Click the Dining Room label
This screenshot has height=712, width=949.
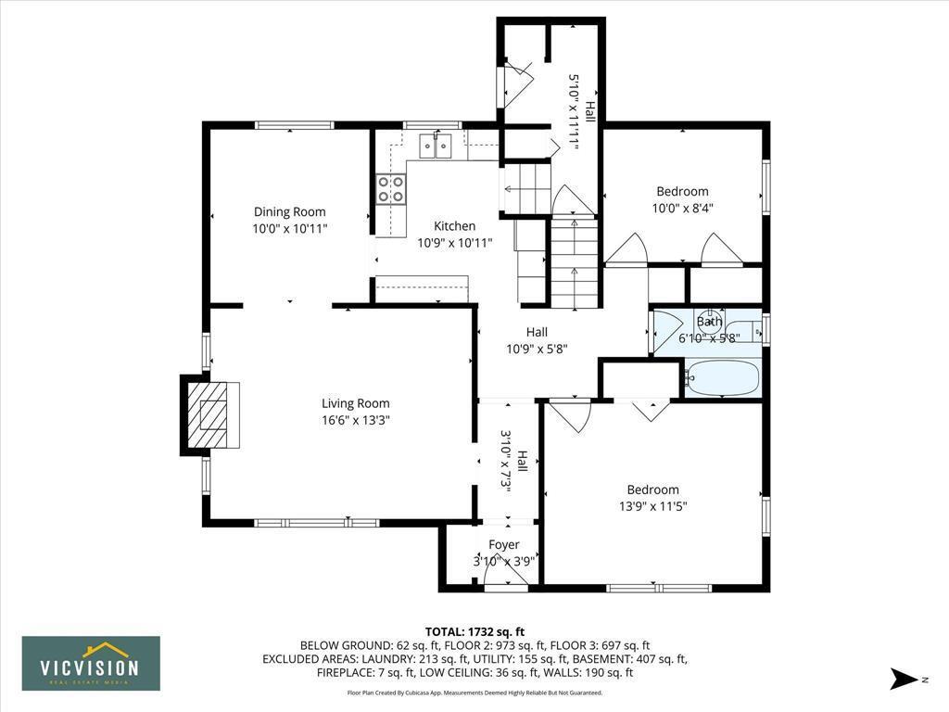pyautogui.click(x=290, y=211)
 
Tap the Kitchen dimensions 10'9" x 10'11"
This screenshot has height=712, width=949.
pyautogui.click(x=454, y=243)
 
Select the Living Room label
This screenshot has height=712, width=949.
pyautogui.click(x=355, y=403)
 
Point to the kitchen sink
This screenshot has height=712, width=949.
pyautogui.click(x=435, y=146)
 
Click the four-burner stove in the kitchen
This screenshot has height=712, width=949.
pyautogui.click(x=391, y=189)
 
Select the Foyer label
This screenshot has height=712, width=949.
pyautogui.click(x=504, y=544)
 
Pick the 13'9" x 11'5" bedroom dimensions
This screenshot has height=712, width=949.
pyautogui.click(x=652, y=506)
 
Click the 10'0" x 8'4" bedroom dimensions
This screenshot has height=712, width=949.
pyautogui.click(x=682, y=209)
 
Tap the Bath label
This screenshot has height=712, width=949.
pyautogui.click(x=709, y=322)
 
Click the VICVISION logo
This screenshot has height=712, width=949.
pyautogui.click(x=91, y=663)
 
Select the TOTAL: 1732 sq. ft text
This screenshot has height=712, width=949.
pyautogui.click(x=474, y=630)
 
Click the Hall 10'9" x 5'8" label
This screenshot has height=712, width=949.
pyautogui.click(x=537, y=332)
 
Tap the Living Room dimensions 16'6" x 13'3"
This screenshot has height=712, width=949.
pyautogui.click(x=355, y=420)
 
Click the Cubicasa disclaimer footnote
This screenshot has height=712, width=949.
pyautogui.click(x=474, y=693)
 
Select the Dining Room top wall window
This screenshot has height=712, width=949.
pyautogui.click(x=294, y=125)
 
